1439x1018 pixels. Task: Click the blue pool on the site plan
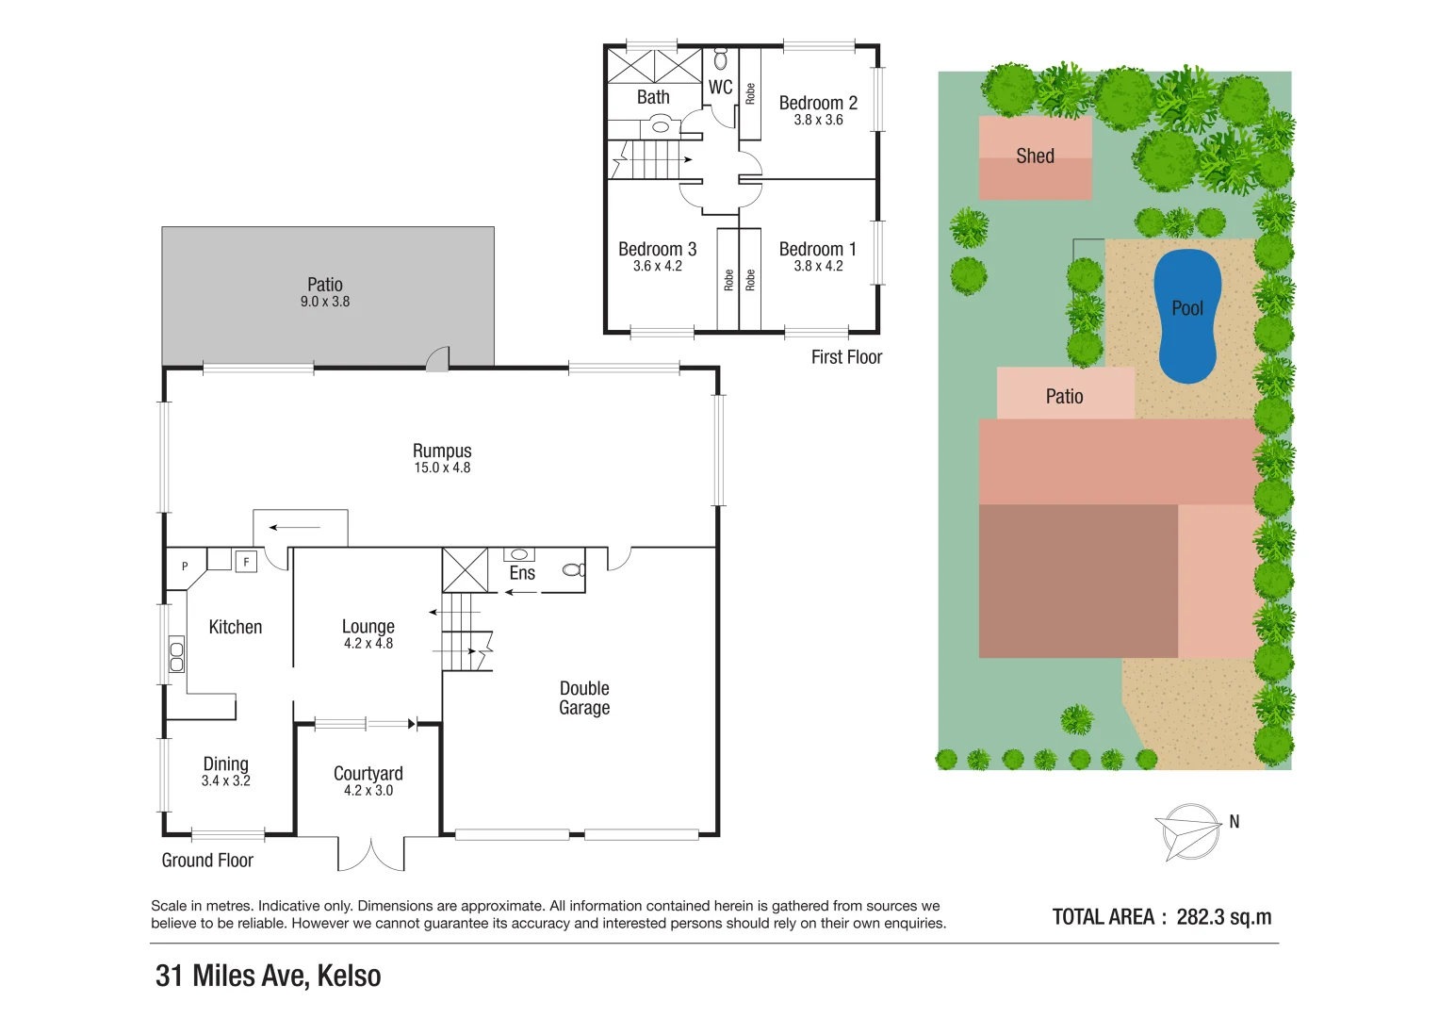point(1187,316)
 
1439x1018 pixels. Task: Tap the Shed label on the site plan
point(1035,156)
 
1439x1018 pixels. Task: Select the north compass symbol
point(1189,831)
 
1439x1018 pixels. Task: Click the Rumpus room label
point(442,452)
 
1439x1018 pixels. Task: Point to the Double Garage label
point(584,698)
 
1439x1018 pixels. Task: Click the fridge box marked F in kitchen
point(246,562)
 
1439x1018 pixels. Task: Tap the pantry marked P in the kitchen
point(185,566)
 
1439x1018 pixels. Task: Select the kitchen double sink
point(176,655)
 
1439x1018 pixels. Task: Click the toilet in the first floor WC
point(721,59)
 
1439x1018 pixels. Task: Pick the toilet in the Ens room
point(572,569)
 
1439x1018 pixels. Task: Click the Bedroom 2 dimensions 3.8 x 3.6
point(818,121)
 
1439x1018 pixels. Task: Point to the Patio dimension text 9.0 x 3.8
point(325,302)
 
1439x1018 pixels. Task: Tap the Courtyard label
point(368,774)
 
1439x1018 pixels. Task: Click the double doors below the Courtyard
point(371,854)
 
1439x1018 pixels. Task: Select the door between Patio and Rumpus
point(437,359)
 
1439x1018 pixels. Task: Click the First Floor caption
point(846,357)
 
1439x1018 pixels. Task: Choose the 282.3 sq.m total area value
point(1223,917)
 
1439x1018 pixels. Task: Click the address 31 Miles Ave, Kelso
point(269,976)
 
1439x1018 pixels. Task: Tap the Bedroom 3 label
point(657,250)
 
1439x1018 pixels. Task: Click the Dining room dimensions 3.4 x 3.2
point(226,781)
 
